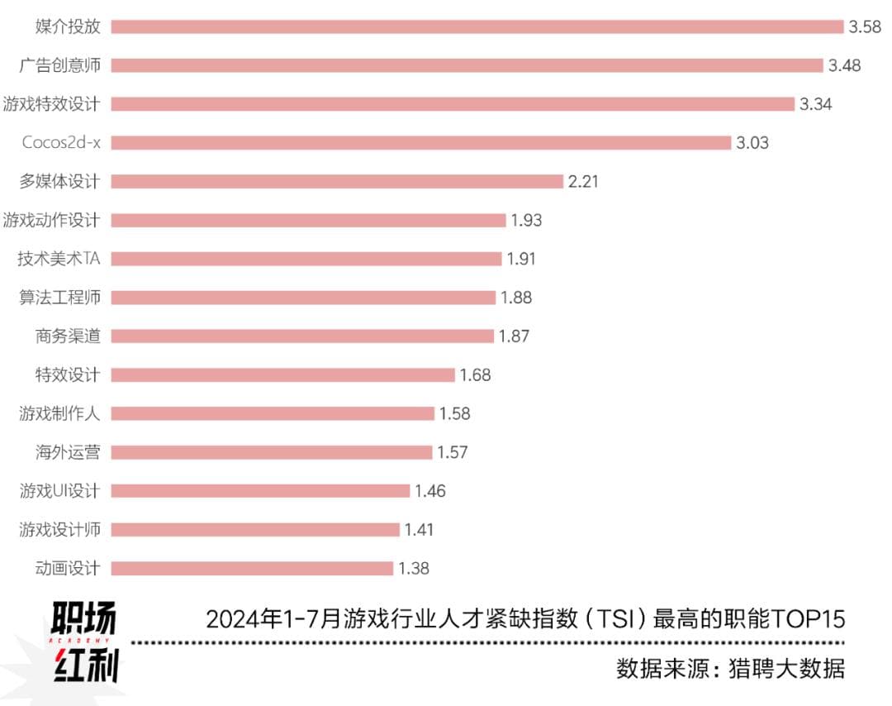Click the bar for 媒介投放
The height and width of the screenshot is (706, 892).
[x=477, y=26]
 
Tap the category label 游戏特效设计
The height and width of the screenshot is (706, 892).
[x=51, y=104]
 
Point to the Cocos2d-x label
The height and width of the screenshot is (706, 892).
[x=61, y=142]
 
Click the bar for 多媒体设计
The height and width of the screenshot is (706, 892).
[x=337, y=181]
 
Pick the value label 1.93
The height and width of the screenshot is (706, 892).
[x=526, y=220]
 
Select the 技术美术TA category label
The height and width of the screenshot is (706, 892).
[x=59, y=259]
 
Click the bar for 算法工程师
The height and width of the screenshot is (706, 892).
[x=303, y=298]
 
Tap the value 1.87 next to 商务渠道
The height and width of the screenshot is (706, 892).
[x=514, y=336]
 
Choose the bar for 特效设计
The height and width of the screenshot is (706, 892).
[x=282, y=375]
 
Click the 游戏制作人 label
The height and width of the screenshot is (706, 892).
[x=59, y=413]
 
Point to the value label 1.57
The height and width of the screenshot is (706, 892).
[x=453, y=452]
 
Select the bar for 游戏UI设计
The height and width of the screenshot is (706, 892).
[x=260, y=491]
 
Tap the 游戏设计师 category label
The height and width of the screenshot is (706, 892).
[x=59, y=529]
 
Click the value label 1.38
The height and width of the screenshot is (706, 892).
[x=414, y=569]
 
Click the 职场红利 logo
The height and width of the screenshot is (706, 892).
[x=84, y=642]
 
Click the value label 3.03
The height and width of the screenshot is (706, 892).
[x=752, y=143]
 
